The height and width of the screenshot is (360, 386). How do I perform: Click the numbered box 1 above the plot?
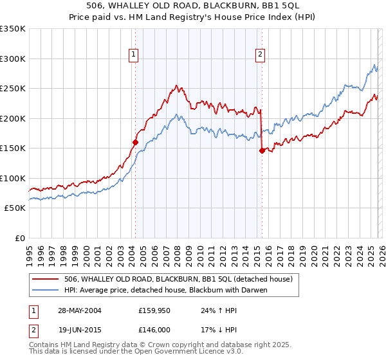click(134, 55)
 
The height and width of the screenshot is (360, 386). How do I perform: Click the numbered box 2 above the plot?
click(261, 55)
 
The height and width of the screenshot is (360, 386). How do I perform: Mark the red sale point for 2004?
click(136, 143)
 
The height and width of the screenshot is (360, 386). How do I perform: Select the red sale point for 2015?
click(262, 151)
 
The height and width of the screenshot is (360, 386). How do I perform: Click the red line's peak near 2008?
click(176, 85)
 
